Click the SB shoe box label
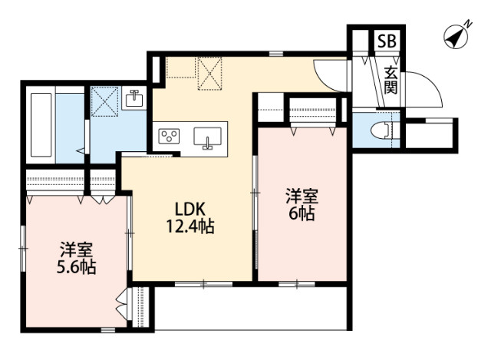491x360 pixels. tap(387, 41)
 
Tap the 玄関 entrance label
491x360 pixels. tap(391, 81)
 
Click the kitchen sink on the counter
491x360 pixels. tap(206, 138)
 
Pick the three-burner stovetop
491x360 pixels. tap(169, 137)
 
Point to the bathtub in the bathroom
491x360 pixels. tap(42, 127)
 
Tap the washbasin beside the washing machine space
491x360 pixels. tap(135, 99)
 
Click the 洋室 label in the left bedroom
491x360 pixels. tap(77, 249)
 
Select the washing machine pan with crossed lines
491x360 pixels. tap(104, 100)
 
